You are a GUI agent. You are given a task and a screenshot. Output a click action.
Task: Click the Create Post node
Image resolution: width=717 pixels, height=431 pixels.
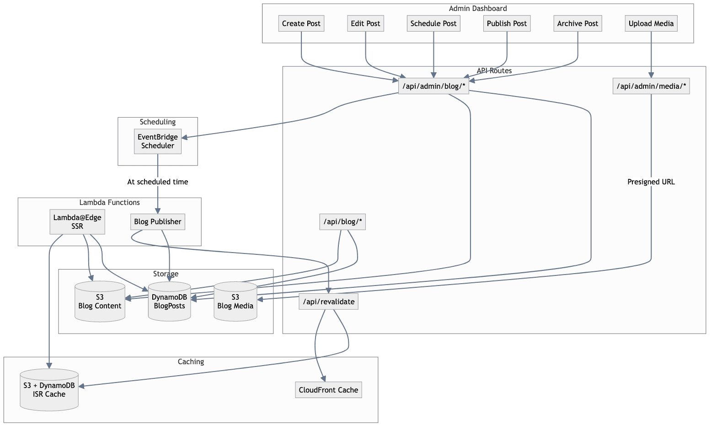pyautogui.click(x=301, y=24)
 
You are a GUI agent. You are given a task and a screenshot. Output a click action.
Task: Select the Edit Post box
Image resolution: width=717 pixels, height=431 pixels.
pyautogui.click(x=365, y=24)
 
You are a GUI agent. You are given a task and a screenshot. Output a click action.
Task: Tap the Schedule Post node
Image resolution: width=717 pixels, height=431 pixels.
pyautogui.click(x=433, y=24)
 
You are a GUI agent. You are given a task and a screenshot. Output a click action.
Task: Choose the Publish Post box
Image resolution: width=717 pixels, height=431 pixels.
pyautogui.click(x=507, y=24)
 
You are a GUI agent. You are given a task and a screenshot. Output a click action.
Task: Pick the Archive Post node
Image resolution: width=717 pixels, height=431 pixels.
pyautogui.click(x=578, y=24)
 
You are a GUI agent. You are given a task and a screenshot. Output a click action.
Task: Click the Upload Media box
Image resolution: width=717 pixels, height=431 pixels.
pyautogui.click(x=651, y=24)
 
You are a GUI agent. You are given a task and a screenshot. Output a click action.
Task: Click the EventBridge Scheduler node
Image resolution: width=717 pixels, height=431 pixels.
pyautogui.click(x=158, y=141)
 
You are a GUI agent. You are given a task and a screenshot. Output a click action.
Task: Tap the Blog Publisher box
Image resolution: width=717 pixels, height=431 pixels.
pyautogui.click(x=158, y=222)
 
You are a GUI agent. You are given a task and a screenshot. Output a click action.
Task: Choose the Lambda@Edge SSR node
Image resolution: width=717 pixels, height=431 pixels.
pyautogui.click(x=77, y=222)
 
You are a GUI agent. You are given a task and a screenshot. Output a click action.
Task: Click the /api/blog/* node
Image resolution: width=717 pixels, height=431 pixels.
pyautogui.click(x=342, y=222)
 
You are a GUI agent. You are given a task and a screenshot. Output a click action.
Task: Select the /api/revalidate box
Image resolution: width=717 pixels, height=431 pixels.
pyautogui.click(x=328, y=302)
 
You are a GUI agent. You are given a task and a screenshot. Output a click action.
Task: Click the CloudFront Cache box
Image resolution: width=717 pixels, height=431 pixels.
pyautogui.click(x=328, y=390)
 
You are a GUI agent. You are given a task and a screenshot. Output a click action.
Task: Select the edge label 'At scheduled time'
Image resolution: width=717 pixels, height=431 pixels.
pyautogui.click(x=158, y=182)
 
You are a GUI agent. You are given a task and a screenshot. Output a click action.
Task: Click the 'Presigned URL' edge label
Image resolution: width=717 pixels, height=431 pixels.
pyautogui.click(x=651, y=182)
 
